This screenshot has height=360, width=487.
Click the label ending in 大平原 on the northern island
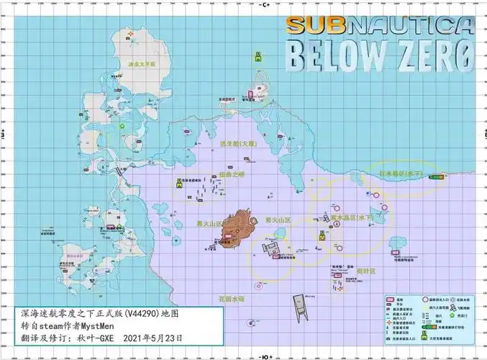tap(142, 64)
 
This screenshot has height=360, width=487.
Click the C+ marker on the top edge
tap(263, 4)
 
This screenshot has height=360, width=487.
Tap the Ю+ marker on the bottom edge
tap(265, 356)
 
